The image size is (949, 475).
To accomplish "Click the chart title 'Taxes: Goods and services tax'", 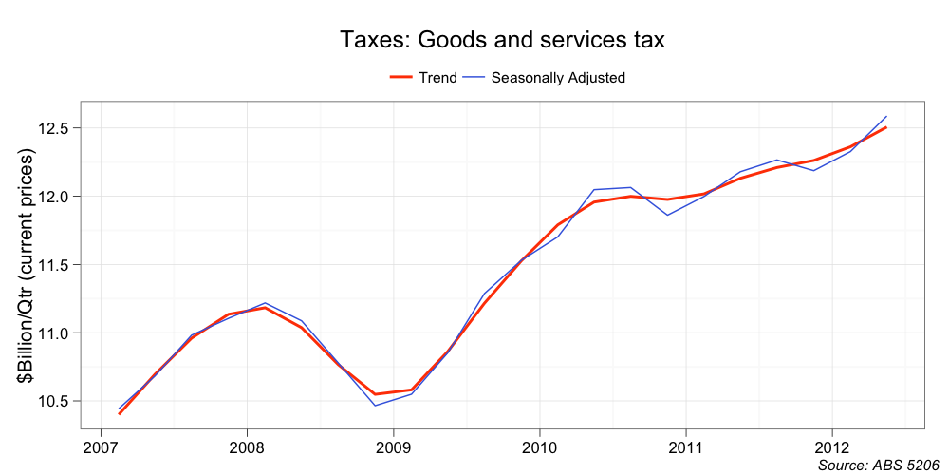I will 502,40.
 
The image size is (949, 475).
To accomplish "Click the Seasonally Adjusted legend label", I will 558,78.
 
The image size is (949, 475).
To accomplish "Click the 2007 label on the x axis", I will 100,446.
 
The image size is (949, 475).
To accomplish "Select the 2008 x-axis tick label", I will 247,446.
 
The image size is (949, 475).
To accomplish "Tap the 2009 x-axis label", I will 393,446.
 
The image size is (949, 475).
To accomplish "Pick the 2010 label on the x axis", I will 539,446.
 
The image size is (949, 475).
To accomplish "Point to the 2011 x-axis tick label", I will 685,446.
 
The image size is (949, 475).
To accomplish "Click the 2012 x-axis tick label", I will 831,446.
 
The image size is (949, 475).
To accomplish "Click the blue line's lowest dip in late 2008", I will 375,406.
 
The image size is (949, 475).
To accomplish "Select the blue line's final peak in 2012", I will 886,116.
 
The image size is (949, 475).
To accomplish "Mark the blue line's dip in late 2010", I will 667,215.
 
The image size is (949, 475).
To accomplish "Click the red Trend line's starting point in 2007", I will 120,414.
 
